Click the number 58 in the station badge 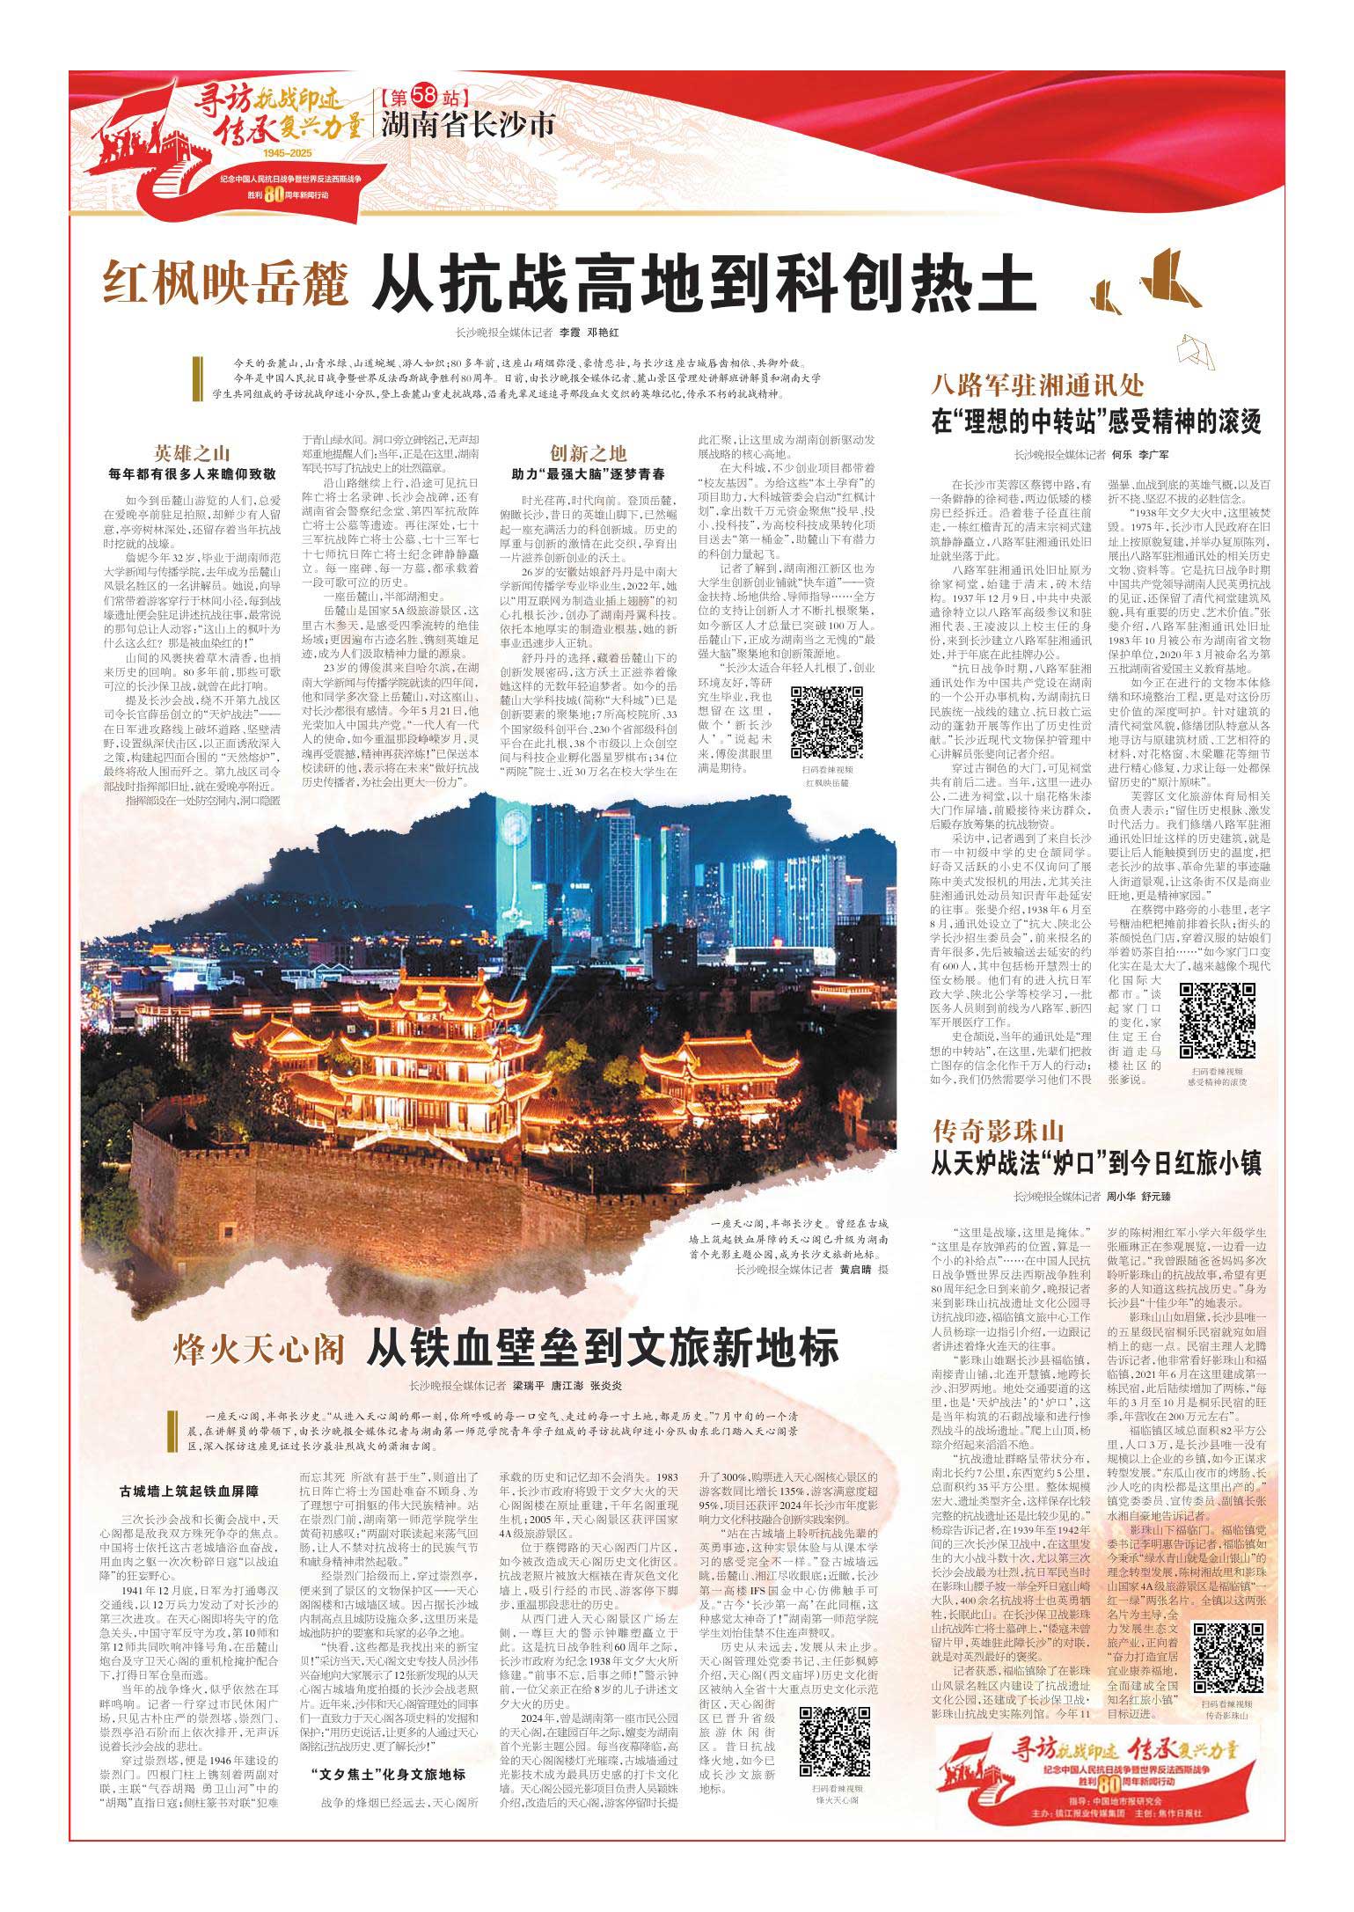tap(428, 94)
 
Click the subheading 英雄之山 tap(192, 454)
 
